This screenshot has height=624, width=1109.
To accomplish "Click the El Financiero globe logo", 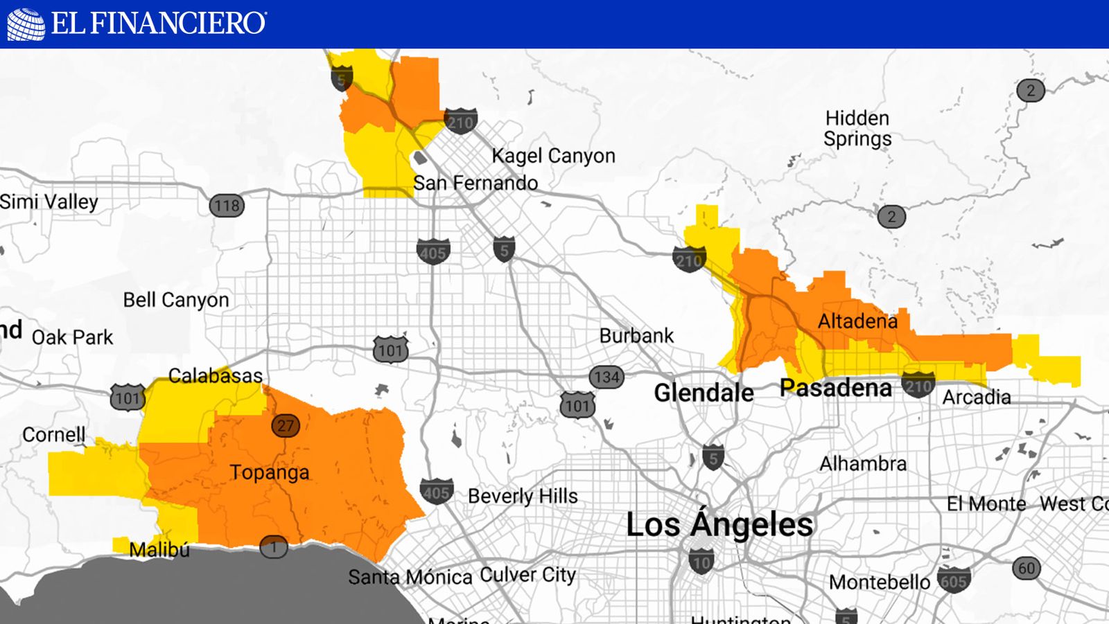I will tap(26, 24).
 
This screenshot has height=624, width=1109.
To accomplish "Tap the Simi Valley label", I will tap(49, 202).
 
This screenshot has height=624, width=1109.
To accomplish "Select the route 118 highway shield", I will tap(227, 206).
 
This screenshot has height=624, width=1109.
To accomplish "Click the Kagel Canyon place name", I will tap(553, 156).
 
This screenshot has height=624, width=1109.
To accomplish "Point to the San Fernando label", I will tap(475, 184).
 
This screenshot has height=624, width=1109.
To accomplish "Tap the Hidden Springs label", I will tap(857, 128).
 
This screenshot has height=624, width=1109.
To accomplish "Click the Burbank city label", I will tap(636, 336).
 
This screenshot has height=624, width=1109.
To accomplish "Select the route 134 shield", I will tap(606, 377).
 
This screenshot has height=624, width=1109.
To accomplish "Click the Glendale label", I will tap(704, 393).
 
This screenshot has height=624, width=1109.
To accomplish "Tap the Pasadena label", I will tap(835, 388).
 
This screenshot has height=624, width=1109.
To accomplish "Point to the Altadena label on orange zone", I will tap(857, 321).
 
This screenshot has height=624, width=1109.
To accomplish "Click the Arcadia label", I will tap(976, 398).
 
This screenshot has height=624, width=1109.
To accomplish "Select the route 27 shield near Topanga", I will tap(286, 425).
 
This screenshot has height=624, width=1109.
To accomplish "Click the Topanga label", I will tap(269, 472).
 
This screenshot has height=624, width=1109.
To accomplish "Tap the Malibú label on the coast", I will tap(159, 550).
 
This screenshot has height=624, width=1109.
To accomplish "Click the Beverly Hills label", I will tap(523, 496).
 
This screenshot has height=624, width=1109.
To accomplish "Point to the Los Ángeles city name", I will tap(719, 524).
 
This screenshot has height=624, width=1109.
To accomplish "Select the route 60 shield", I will tap(1027, 569).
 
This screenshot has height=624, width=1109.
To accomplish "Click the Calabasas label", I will tap(216, 376).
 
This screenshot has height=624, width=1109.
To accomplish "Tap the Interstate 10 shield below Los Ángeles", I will tap(701, 561).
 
